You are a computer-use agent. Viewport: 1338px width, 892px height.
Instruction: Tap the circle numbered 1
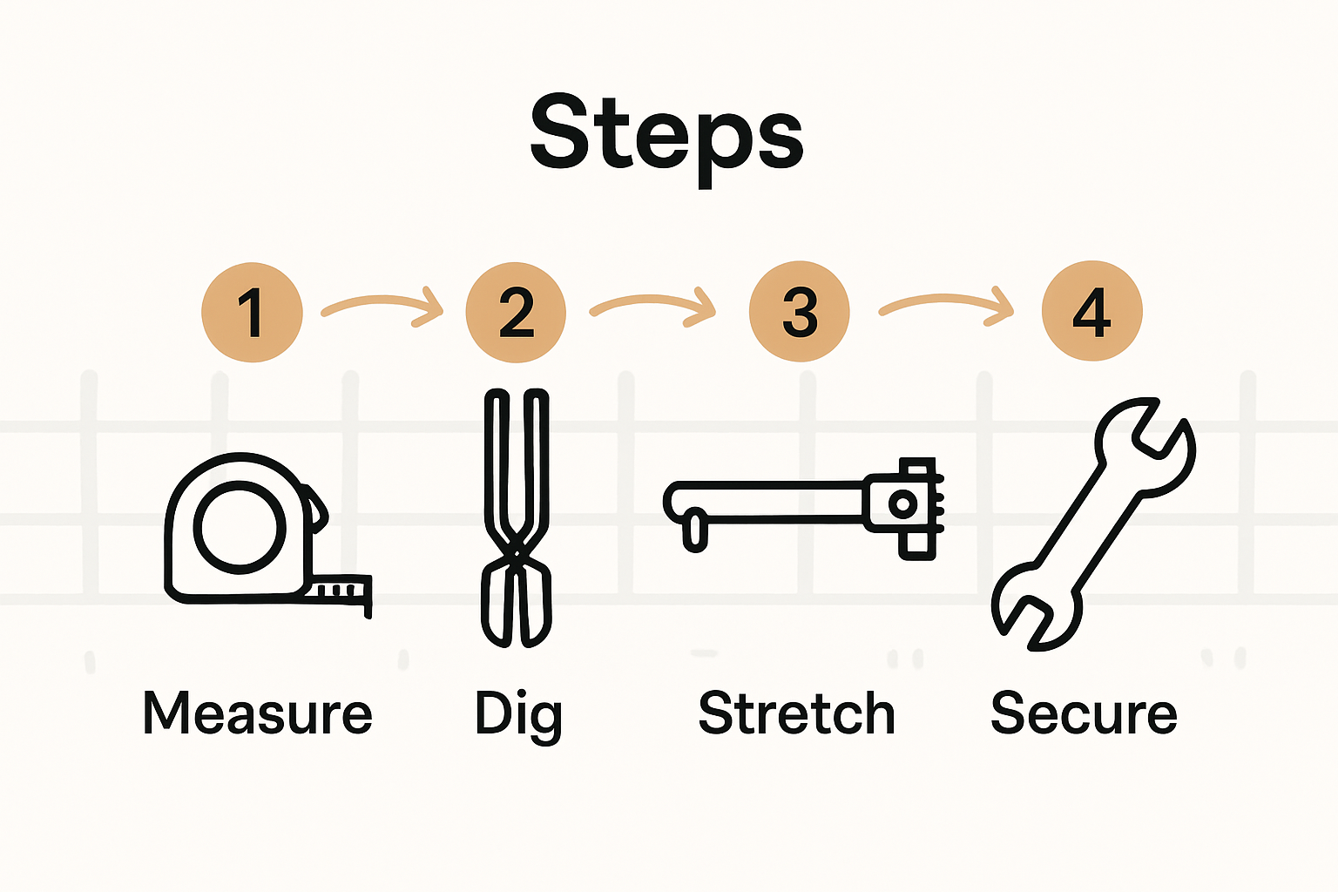pos(252,312)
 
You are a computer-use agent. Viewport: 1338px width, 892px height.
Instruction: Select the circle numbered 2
pos(516,312)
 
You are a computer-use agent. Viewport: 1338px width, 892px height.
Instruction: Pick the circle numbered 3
pos(799,312)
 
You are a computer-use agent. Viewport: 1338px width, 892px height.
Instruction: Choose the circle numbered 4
pos(1091,312)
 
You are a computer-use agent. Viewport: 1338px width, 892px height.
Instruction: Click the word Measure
pos(258,713)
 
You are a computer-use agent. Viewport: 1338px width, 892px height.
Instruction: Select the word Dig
pos(518,715)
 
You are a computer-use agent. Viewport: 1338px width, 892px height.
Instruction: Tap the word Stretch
pos(796,713)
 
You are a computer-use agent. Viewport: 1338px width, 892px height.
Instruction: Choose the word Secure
pos(1084,713)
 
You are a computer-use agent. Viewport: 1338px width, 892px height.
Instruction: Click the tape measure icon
pos(253,531)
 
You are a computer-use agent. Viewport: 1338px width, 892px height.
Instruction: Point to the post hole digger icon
pos(517,518)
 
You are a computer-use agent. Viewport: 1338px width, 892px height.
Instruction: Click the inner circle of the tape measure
pos(240,528)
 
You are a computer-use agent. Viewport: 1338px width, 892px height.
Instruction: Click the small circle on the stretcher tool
pos(902,504)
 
